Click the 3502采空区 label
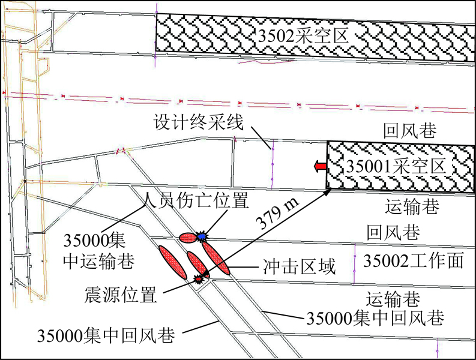tap(303, 36)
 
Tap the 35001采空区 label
tap(396, 166)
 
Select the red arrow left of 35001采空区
tap(320, 166)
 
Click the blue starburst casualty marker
tap(200, 236)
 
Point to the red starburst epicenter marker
tap(198, 278)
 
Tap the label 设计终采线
tap(199, 122)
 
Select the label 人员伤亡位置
tap(196, 200)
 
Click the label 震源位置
tap(121, 295)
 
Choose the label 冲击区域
tap(300, 266)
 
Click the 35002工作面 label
tap(414, 260)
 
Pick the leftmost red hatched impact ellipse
tap(172, 262)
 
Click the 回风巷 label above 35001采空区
tap(410, 131)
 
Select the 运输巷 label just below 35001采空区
tap(412, 206)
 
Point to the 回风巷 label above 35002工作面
tap(393, 233)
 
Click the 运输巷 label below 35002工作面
tap(393, 299)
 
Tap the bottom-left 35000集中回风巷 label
tap(106, 335)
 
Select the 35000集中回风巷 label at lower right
tap(375, 318)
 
